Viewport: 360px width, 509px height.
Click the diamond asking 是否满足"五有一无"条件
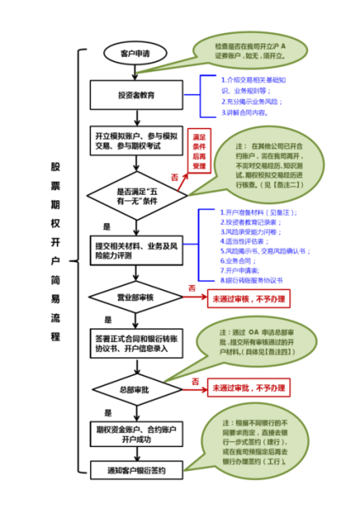click(136, 196)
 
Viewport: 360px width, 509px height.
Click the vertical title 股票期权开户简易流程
click(56, 250)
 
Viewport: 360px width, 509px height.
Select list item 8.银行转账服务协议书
click(250, 279)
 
